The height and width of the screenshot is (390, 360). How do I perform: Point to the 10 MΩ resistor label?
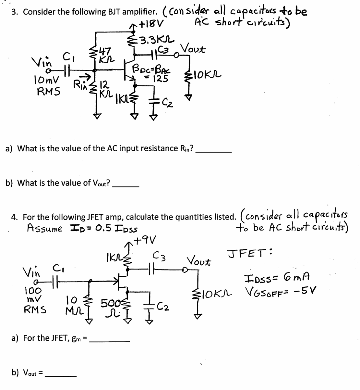pos(72,304)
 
